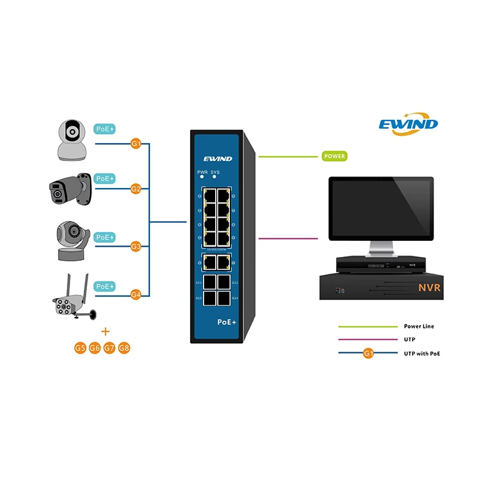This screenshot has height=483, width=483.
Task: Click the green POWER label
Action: click(334, 156)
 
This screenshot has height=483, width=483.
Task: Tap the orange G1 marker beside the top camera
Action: click(136, 144)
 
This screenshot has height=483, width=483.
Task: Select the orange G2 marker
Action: click(136, 189)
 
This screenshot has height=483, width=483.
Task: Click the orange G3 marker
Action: click(136, 246)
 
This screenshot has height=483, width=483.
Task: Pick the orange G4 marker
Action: click(136, 294)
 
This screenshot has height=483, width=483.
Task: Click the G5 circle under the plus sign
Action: click(80, 348)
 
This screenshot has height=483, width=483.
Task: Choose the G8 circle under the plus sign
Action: click(124, 348)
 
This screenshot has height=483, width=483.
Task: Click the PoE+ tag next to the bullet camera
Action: click(104, 178)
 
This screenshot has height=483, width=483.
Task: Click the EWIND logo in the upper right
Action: click(408, 123)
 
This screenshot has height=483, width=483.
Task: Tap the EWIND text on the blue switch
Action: click(217, 158)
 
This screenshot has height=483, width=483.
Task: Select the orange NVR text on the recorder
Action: click(428, 287)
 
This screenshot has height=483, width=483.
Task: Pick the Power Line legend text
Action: click(419, 327)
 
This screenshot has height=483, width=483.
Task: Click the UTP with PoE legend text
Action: click(422, 354)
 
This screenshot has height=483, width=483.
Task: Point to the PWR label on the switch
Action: click(202, 173)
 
